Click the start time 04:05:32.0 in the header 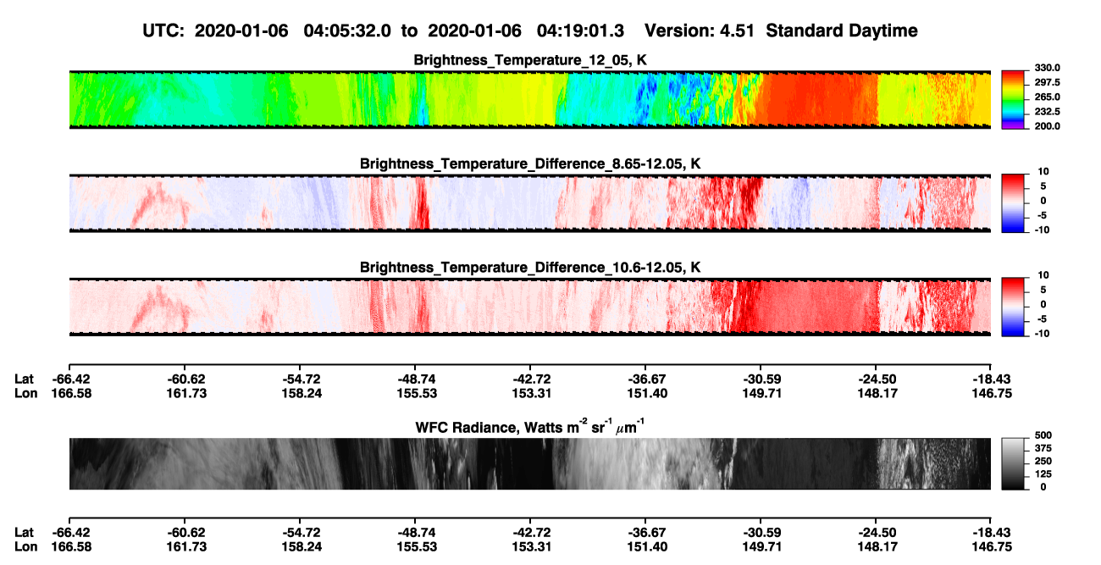[347, 30]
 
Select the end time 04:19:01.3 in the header [580, 30]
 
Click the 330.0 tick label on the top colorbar [1047, 68]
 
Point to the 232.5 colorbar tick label [1047, 112]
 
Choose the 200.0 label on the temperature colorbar [1047, 126]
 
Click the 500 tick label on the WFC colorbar [1043, 435]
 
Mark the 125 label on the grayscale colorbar [1043, 474]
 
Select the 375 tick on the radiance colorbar [1043, 448]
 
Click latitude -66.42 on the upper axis [71, 379]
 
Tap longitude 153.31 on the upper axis [531, 394]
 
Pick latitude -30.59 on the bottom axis [762, 533]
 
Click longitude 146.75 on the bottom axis [992, 547]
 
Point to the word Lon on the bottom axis [26, 547]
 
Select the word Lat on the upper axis [24, 379]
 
